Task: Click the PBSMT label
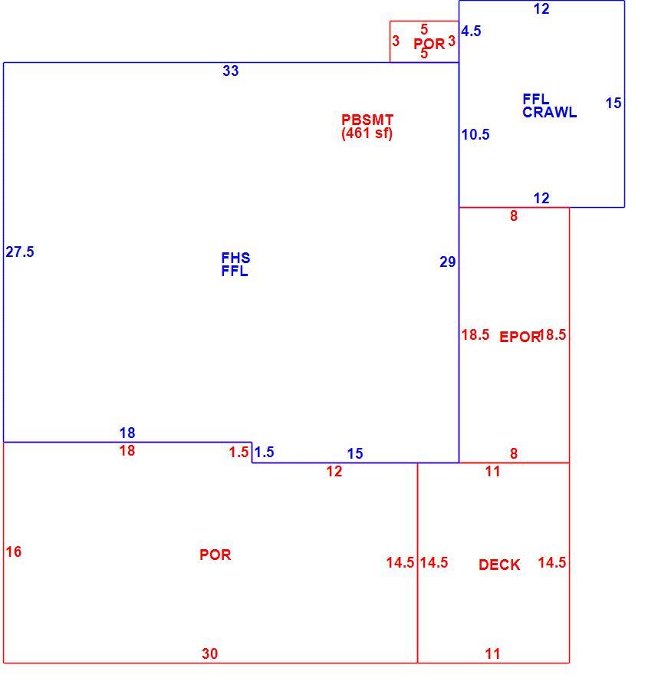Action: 367,120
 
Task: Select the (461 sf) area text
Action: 367,133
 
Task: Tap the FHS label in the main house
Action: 235,258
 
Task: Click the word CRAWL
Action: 550,112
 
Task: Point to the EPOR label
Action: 519,337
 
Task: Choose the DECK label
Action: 499,565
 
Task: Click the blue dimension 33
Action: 231,71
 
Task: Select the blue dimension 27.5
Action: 20,252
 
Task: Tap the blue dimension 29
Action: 447,262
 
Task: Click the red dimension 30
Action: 209,654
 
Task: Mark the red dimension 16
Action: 13,552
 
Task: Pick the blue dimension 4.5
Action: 471,31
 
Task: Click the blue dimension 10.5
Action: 475,134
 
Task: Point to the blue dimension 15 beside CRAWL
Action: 613,104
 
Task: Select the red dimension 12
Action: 334,472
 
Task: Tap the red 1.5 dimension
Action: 239,453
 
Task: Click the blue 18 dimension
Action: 127,433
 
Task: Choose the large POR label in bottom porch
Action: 215,555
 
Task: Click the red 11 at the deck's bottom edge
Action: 492,654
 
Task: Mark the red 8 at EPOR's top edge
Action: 514,216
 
